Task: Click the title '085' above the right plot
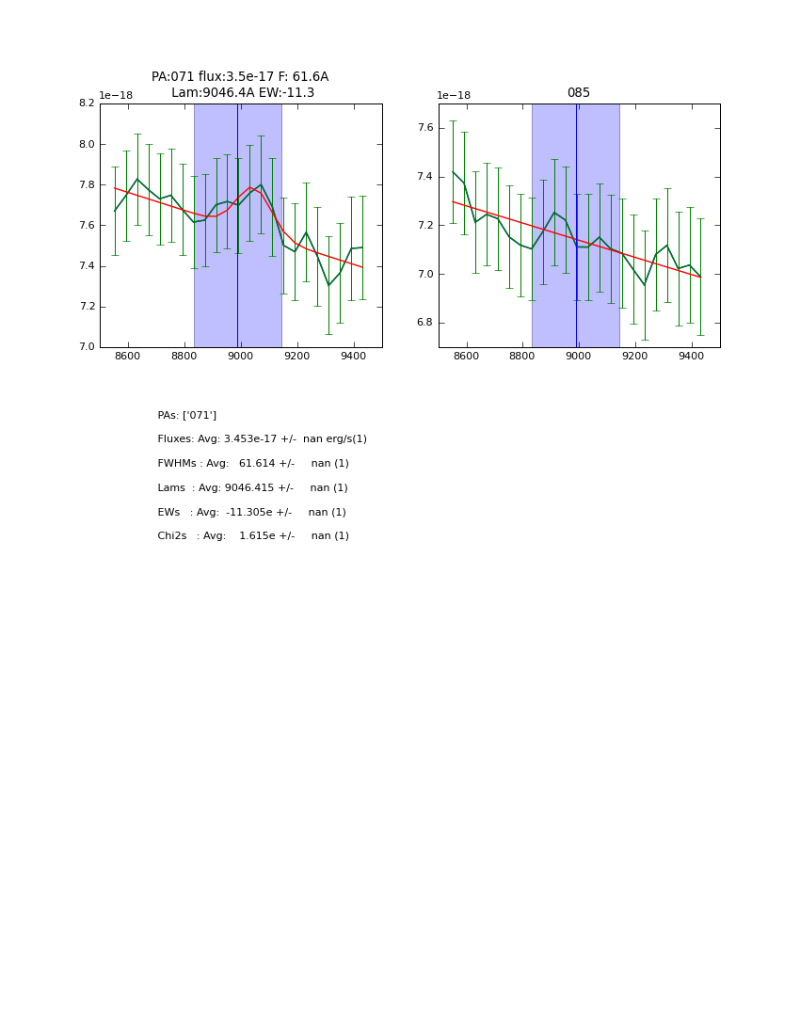pyautogui.click(x=578, y=93)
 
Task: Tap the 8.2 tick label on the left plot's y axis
pyautogui.click(x=86, y=103)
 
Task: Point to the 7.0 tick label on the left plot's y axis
pyautogui.click(x=86, y=347)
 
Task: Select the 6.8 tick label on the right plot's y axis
pyautogui.click(x=424, y=323)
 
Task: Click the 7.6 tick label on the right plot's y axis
pyautogui.click(x=424, y=128)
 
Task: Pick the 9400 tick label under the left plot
pyautogui.click(x=353, y=357)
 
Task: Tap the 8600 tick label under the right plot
pyautogui.click(x=466, y=357)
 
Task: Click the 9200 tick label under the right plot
pyautogui.click(x=635, y=357)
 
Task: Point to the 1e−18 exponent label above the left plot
pyautogui.click(x=116, y=95)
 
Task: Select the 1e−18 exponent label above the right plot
pyautogui.click(x=454, y=95)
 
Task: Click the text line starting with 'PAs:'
pyautogui.click(x=187, y=415)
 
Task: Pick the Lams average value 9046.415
pyautogui.click(x=257, y=488)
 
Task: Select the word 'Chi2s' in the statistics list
pyautogui.click(x=172, y=536)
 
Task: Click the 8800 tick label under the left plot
pyautogui.click(x=184, y=357)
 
